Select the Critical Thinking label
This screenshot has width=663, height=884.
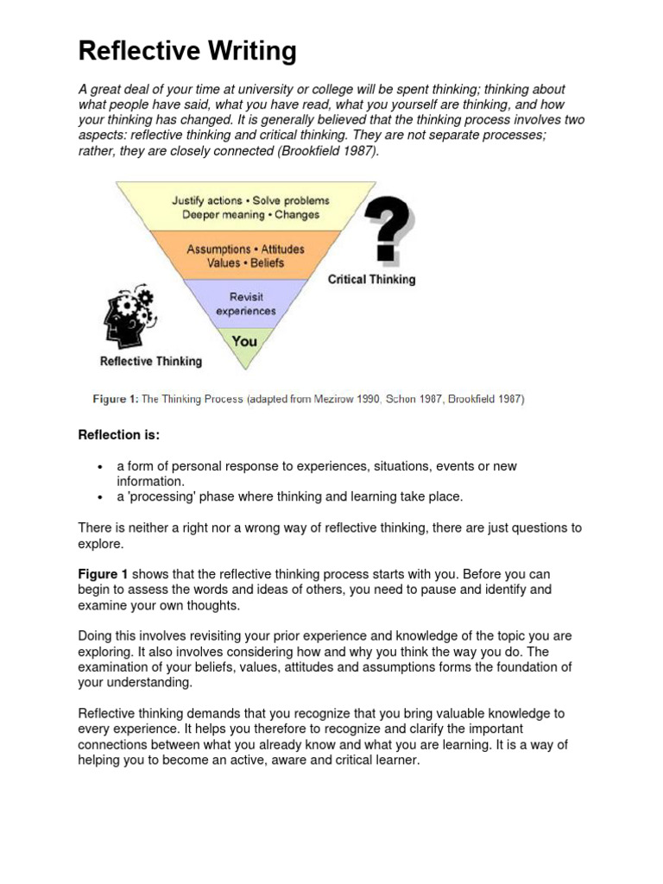pyautogui.click(x=371, y=279)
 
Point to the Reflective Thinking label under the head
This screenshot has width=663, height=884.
pyautogui.click(x=151, y=361)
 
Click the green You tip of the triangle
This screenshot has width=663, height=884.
pyautogui.click(x=244, y=341)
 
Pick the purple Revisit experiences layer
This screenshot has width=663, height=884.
pyautogui.click(x=245, y=304)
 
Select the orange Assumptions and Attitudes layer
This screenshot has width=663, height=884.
pyautogui.click(x=245, y=256)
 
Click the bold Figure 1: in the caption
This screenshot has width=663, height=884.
pyautogui.click(x=115, y=399)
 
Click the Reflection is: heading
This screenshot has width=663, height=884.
pyautogui.click(x=119, y=435)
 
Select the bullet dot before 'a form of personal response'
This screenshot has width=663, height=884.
pyautogui.click(x=101, y=467)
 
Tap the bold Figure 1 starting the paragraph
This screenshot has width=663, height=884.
pyautogui.click(x=103, y=574)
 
